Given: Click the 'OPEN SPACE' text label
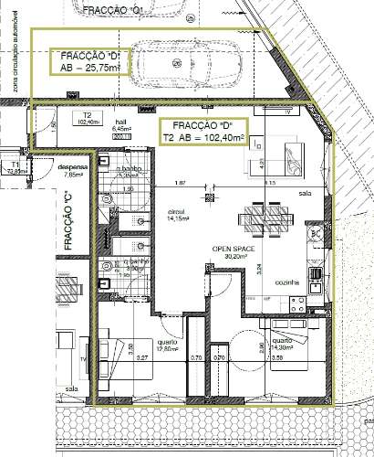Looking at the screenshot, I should tap(234, 248).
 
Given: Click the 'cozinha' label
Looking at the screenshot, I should tap(288, 283).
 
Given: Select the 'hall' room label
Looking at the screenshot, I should tap(119, 121).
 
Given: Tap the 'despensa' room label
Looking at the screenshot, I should tap(71, 168).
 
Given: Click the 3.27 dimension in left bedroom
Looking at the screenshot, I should tap(142, 359).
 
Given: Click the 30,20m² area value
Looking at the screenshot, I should tap(234, 257).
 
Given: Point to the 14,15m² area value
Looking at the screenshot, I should tap(176, 218).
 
